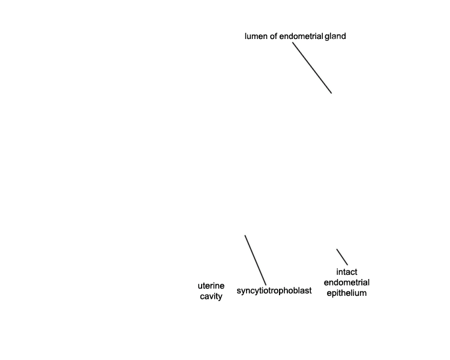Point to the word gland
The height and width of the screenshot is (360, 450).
coord(335,37)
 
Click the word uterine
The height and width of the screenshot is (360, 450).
coord(211,286)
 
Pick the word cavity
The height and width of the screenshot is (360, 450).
coord(211,296)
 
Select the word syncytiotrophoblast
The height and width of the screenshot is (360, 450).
coord(274,291)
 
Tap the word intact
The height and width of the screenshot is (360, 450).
coord(347,272)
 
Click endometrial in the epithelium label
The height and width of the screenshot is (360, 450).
coord(347,283)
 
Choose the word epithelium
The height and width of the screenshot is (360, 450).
coord(347,293)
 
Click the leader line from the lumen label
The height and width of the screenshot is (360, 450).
coord(312,68)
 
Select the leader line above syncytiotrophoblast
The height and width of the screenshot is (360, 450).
coord(256,260)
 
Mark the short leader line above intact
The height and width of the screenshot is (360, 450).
coord(342,257)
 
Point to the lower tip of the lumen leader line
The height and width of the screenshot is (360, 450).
coord(331,93)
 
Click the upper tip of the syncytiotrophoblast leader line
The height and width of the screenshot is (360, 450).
coord(245,235)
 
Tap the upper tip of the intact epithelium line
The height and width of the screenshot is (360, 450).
coord(337,249)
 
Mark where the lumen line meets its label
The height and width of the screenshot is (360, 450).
coord(293,43)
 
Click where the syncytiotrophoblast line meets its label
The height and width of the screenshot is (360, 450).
coord(266,285)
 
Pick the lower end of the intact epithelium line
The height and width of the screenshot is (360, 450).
coord(347,265)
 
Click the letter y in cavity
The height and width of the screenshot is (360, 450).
coord(220,298)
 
